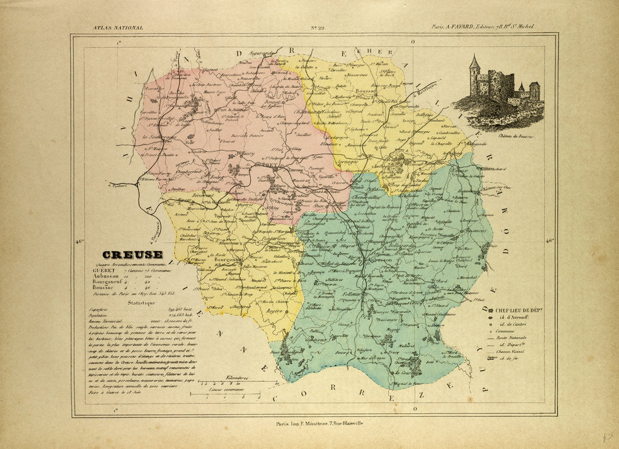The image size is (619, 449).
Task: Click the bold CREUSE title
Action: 132,255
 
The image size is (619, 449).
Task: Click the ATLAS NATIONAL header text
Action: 118,28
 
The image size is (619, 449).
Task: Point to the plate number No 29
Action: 318,28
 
